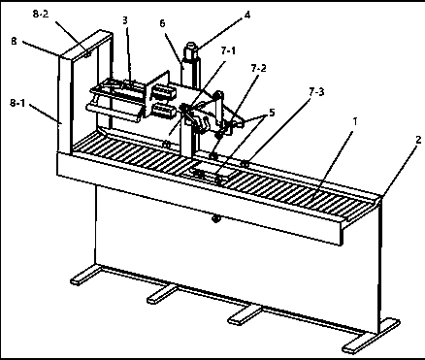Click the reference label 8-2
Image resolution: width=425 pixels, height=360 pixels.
click(41, 14)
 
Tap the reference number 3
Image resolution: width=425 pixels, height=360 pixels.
click(125, 20)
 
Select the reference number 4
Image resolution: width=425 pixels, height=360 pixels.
click(247, 15)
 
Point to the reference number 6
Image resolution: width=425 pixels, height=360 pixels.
click(162, 23)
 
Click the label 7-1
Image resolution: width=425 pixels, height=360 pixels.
click(228, 50)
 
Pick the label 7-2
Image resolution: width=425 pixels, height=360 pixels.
click(258, 68)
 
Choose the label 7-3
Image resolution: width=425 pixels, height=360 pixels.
click(316, 92)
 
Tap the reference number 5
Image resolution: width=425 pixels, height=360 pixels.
click(272, 113)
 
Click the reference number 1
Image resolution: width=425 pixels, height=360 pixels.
click(355, 121)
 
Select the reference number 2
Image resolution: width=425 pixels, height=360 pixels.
click(418, 140)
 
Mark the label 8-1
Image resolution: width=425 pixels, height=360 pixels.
click(17, 103)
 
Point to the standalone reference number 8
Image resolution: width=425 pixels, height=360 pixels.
click(14, 41)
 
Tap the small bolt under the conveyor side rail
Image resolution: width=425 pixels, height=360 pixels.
click(215, 219)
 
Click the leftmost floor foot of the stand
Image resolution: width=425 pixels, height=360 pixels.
click(85, 275)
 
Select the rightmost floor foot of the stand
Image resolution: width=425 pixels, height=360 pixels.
click(371, 337)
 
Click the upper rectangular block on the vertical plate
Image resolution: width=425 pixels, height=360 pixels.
click(163, 90)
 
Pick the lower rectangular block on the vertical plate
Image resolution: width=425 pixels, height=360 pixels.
click(164, 111)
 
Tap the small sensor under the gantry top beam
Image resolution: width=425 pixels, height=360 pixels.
click(87, 53)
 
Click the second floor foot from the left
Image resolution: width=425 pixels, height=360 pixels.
click(163, 294)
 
